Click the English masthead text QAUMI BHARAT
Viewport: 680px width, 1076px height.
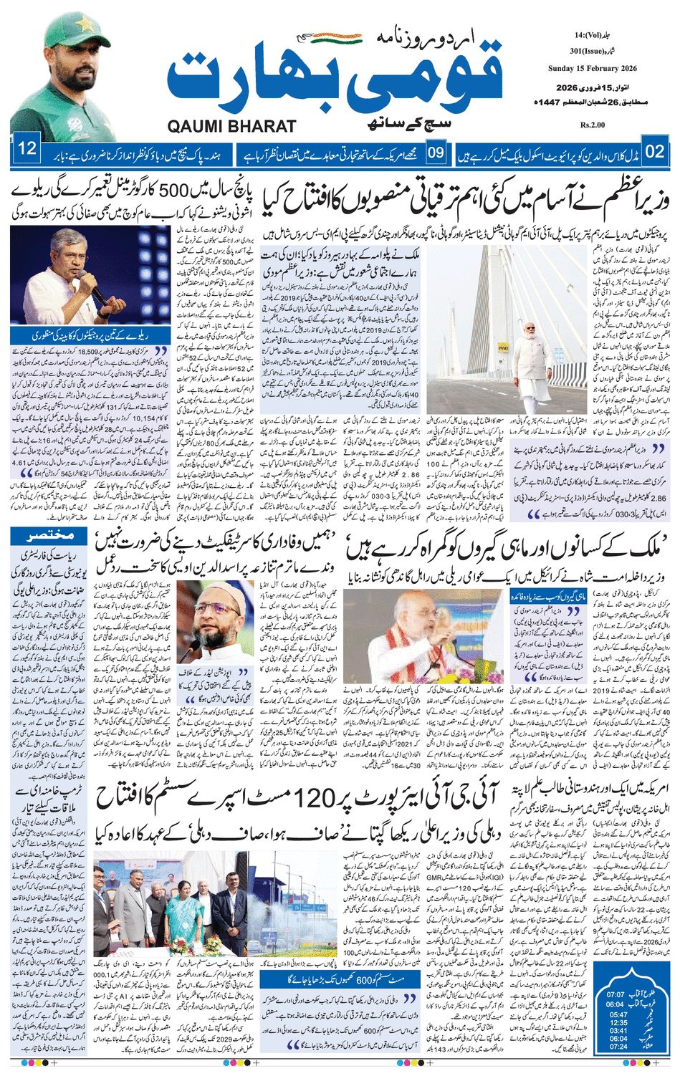(232, 127)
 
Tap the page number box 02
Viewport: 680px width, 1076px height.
(655, 152)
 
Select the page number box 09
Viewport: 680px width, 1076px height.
(436, 152)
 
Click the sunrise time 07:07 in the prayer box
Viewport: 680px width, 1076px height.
(616, 995)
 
